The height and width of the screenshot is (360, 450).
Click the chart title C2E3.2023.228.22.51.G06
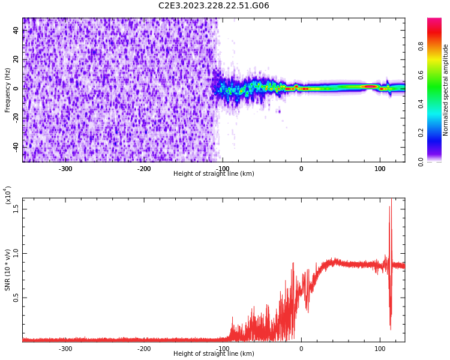pyautogui.click(x=214, y=6)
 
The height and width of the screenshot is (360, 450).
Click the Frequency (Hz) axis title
pyautogui.click(x=8, y=90)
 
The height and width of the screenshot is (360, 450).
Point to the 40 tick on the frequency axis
pyautogui.click(x=16, y=30)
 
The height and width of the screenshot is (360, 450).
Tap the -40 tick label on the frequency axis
pyautogui.click(x=16, y=146)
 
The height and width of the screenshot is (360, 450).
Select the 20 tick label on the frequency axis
pyautogui.click(x=16, y=59)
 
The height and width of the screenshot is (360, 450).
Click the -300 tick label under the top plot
pyautogui.click(x=65, y=169)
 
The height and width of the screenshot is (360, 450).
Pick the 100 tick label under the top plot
pyautogui.click(x=380, y=169)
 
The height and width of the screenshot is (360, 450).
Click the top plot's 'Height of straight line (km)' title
pyautogui.click(x=214, y=174)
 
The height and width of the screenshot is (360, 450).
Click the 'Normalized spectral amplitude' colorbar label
pyautogui.click(x=446, y=90)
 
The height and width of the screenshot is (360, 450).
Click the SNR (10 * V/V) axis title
pyautogui.click(x=8, y=270)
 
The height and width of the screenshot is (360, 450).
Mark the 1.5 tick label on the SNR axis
pyautogui.click(x=16, y=208)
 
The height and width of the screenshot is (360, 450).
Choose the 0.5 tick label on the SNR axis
pyautogui.click(x=16, y=298)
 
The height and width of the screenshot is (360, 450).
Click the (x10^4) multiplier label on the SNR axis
pyautogui.click(x=8, y=195)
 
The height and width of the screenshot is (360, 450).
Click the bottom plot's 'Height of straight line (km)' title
pyautogui.click(x=214, y=354)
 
